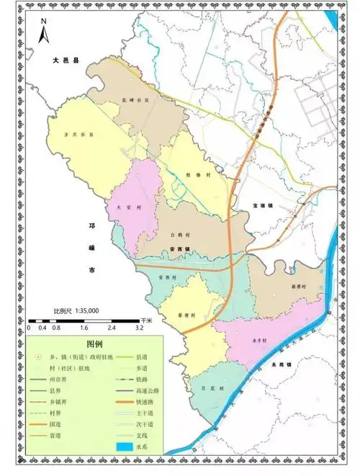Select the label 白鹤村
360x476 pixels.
(179, 235)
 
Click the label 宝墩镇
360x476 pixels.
(264, 206)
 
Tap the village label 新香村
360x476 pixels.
(300, 286)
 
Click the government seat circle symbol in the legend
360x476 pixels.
(38, 357)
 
